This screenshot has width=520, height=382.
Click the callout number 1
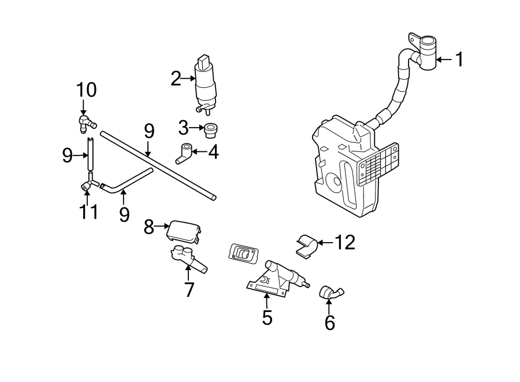coord(459,60)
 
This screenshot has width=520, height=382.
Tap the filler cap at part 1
coord(427,52)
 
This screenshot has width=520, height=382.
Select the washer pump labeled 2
coord(206,84)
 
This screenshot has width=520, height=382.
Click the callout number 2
coord(176,79)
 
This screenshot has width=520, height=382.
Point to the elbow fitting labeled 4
coord(184,153)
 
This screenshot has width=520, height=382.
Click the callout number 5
coord(266,317)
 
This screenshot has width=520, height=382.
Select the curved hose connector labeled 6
coord(332,292)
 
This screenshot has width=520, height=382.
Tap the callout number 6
coord(329,323)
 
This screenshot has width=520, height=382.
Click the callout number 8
coord(149,228)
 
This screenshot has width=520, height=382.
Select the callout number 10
coord(87,90)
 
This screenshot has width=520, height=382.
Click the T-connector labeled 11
coord(87,184)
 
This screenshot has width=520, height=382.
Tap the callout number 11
coord(88,212)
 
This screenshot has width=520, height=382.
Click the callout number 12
coord(344,243)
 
